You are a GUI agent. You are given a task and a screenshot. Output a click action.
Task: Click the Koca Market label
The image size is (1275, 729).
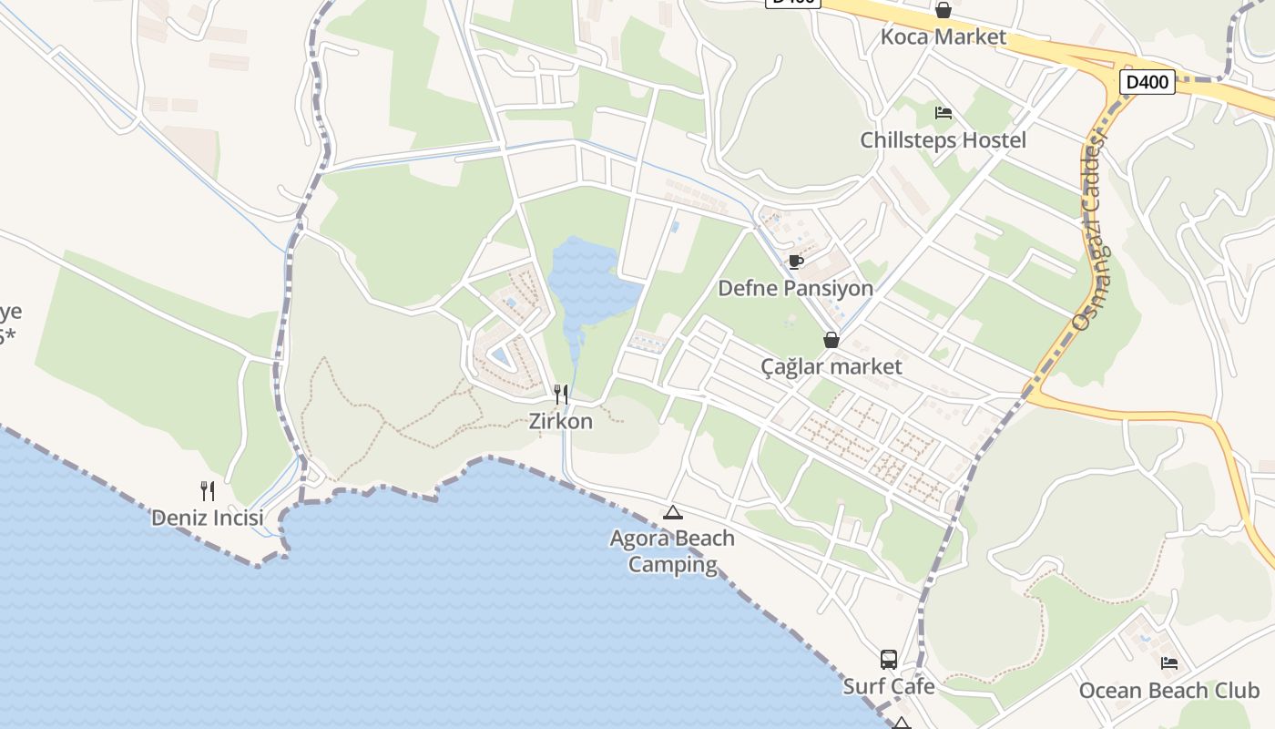(x=943, y=37)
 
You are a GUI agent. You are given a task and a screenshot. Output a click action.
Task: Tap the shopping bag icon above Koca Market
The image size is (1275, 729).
(x=943, y=10)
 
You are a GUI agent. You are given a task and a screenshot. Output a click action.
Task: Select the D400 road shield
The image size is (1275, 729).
(x=1147, y=82)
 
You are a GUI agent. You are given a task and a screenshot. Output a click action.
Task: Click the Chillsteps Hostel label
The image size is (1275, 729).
(x=943, y=140)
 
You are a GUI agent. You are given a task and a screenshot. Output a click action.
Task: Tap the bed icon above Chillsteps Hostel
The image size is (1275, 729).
(x=943, y=113)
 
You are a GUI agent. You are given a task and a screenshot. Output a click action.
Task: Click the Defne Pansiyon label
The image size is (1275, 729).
(x=795, y=288)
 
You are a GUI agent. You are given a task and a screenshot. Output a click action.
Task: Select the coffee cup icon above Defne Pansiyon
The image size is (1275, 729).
(x=795, y=262)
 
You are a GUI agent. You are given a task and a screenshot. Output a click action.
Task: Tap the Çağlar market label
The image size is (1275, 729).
(x=831, y=366)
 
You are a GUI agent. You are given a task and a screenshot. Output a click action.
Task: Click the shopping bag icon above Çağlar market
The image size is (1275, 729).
(x=831, y=340)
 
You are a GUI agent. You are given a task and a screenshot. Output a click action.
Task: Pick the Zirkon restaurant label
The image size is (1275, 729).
(x=561, y=421)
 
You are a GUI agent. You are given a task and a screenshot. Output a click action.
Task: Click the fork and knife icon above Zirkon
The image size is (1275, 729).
(x=561, y=394)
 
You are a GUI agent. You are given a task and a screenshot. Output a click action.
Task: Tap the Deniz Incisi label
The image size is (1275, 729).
(x=208, y=518)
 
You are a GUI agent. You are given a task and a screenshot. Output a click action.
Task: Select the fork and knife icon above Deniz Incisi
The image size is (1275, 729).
(x=208, y=491)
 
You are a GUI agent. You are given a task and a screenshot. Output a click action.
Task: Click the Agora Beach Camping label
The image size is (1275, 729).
(x=672, y=551)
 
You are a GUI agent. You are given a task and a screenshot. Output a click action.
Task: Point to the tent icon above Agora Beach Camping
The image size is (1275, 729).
(x=672, y=512)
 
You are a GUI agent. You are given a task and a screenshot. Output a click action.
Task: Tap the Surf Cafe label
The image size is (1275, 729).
(x=889, y=686)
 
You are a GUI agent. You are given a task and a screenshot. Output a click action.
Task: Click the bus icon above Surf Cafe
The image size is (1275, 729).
(x=889, y=660)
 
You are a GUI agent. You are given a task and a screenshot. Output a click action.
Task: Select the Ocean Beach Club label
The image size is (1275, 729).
(x=1168, y=690)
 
